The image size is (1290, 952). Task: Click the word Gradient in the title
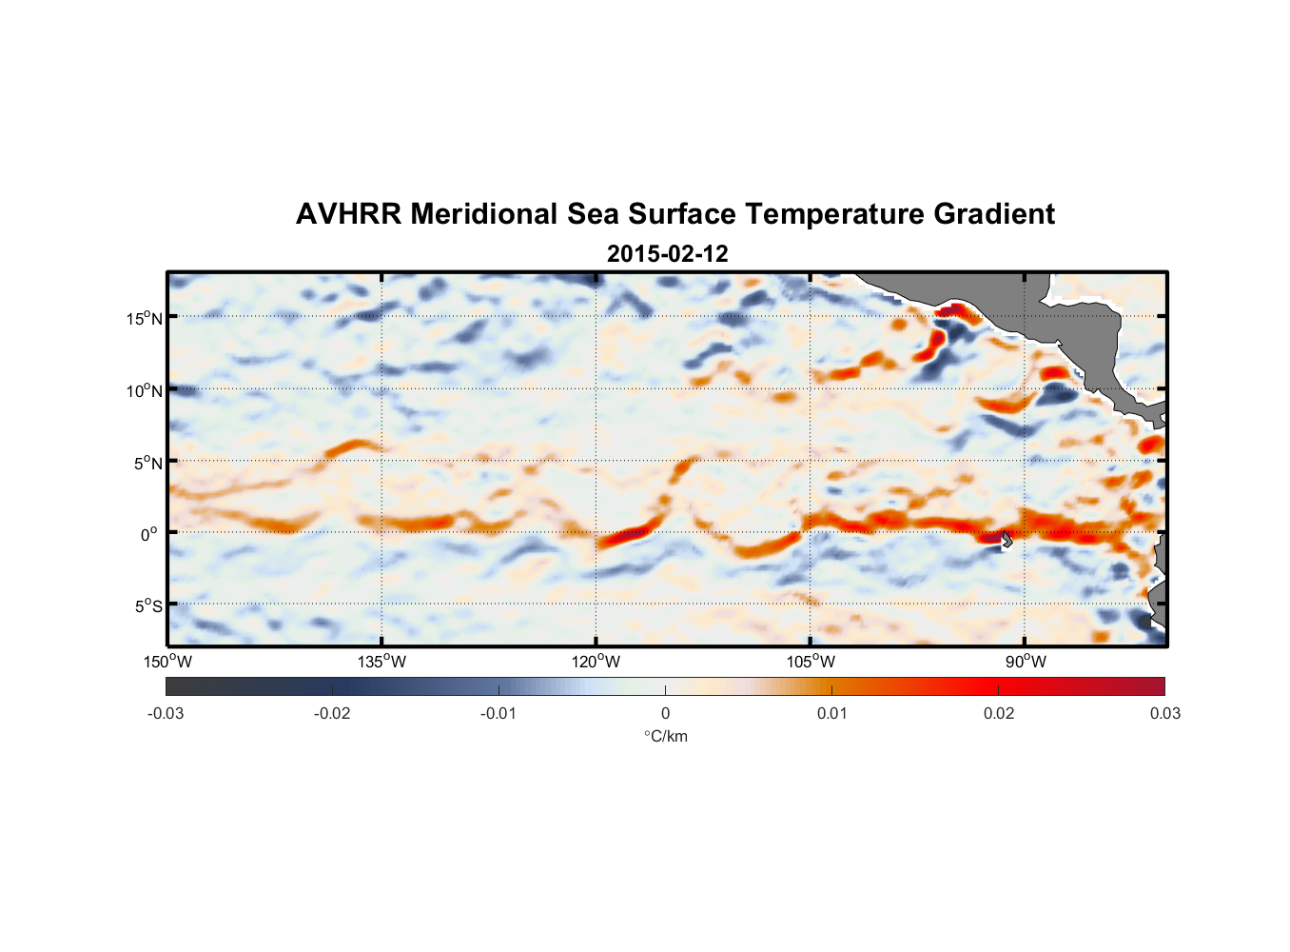[993, 214]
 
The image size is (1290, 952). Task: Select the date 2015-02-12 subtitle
[667, 253]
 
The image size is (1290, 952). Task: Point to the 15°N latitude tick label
[144, 318]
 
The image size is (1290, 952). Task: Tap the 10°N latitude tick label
[144, 390]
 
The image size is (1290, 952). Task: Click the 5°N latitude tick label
[147, 463]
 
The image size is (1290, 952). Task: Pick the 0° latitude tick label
[149, 535]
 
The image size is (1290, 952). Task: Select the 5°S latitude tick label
[147, 606]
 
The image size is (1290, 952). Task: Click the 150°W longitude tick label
[167, 662]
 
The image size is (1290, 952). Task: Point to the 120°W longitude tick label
[596, 662]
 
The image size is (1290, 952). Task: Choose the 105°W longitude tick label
[811, 662]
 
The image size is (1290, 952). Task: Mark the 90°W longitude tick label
[1025, 662]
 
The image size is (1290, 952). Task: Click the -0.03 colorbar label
[166, 713]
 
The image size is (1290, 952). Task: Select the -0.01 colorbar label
[498, 713]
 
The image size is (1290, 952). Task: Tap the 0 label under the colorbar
[665, 713]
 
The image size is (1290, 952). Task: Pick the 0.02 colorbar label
[999, 713]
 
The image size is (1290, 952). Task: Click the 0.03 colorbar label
[1164, 713]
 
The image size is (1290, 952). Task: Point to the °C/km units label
[665, 736]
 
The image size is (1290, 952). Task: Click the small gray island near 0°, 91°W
[1007, 539]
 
